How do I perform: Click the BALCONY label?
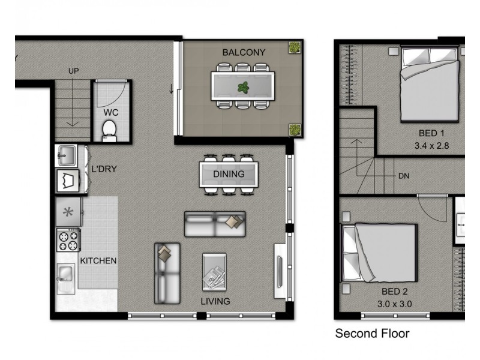(x=244, y=52)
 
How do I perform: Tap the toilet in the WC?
(x=109, y=131)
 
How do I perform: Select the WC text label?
(x=111, y=113)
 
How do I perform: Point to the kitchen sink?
(x=66, y=278)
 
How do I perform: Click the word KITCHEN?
(x=98, y=261)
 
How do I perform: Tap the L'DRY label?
(x=104, y=169)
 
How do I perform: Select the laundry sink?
(x=67, y=155)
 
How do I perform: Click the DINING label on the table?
(x=229, y=174)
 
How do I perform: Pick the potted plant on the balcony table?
(x=244, y=88)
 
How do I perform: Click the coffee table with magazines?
(x=214, y=272)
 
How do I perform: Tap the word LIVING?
(x=215, y=301)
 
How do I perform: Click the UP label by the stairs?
(x=73, y=71)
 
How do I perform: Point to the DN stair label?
(x=404, y=176)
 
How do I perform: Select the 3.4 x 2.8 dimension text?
(x=431, y=146)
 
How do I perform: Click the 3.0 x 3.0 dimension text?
(x=394, y=304)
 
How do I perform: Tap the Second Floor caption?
(x=372, y=334)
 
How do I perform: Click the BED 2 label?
(x=395, y=292)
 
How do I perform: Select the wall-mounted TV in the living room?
(x=280, y=272)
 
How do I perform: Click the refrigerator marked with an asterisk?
(x=68, y=212)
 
